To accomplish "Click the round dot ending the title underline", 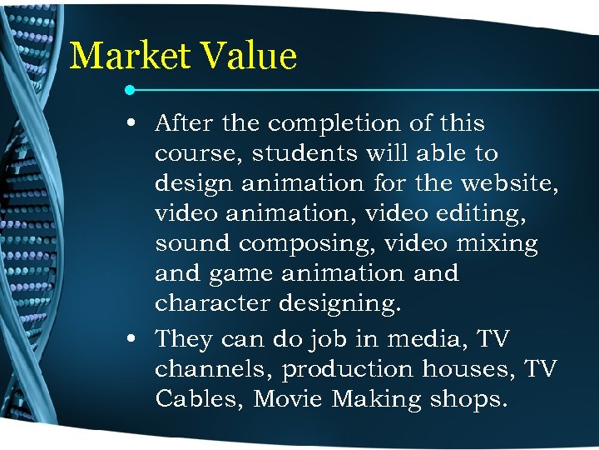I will tap(131, 88).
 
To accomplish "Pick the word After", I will tap(184, 123).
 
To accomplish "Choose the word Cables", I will tap(196, 399).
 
